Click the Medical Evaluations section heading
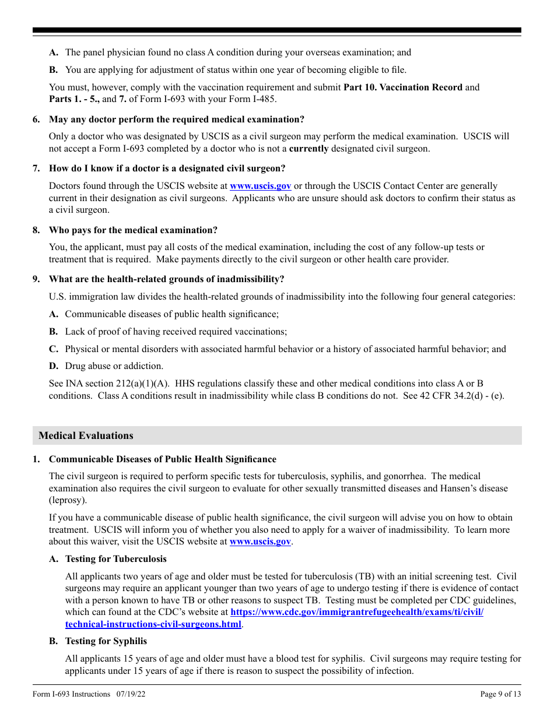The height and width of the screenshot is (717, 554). (x=86, y=435)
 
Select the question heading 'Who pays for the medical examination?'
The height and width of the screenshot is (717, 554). (x=133, y=230)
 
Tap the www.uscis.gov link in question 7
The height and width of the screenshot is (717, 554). (x=260, y=186)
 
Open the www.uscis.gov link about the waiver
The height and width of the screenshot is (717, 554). (x=260, y=542)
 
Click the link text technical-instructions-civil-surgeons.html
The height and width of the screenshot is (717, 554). (x=153, y=624)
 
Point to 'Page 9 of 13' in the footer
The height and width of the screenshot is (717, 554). (x=500, y=694)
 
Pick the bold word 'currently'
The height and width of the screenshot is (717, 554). (x=308, y=149)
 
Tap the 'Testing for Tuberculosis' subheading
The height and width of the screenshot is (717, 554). (x=115, y=559)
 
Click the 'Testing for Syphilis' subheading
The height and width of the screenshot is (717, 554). (x=106, y=641)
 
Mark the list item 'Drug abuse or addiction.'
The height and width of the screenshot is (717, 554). (x=114, y=366)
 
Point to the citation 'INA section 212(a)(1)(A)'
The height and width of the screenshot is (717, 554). (x=119, y=384)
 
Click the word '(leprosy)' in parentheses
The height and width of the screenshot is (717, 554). (x=68, y=500)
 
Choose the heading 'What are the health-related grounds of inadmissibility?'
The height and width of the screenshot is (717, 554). (x=167, y=279)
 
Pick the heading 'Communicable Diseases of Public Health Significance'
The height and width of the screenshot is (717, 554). (x=163, y=459)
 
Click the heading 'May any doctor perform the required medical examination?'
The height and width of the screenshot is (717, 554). (x=177, y=119)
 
